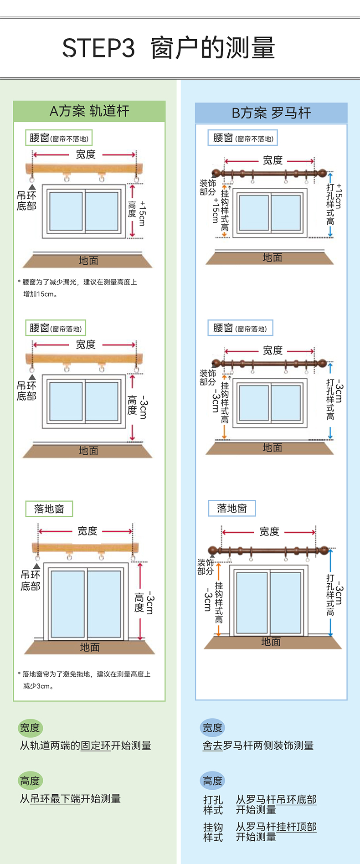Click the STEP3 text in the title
[98, 48]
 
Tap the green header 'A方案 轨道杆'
[89, 111]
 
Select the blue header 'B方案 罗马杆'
[271, 113]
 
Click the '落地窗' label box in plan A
[49, 509]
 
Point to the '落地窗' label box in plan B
[232, 508]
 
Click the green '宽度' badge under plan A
[30, 728]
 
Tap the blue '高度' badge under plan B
[212, 781]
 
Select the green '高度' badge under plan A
[30, 781]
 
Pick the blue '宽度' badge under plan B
[212, 728]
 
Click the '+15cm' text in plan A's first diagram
[143, 213]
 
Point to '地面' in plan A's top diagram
[88, 261]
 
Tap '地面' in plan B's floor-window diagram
[271, 642]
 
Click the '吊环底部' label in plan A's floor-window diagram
[30, 580]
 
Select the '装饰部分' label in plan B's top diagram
[208, 187]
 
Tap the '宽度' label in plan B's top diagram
[273, 160]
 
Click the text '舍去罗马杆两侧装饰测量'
[258, 746]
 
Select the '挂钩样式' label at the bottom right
[213, 832]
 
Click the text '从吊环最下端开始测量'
[70, 798]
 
